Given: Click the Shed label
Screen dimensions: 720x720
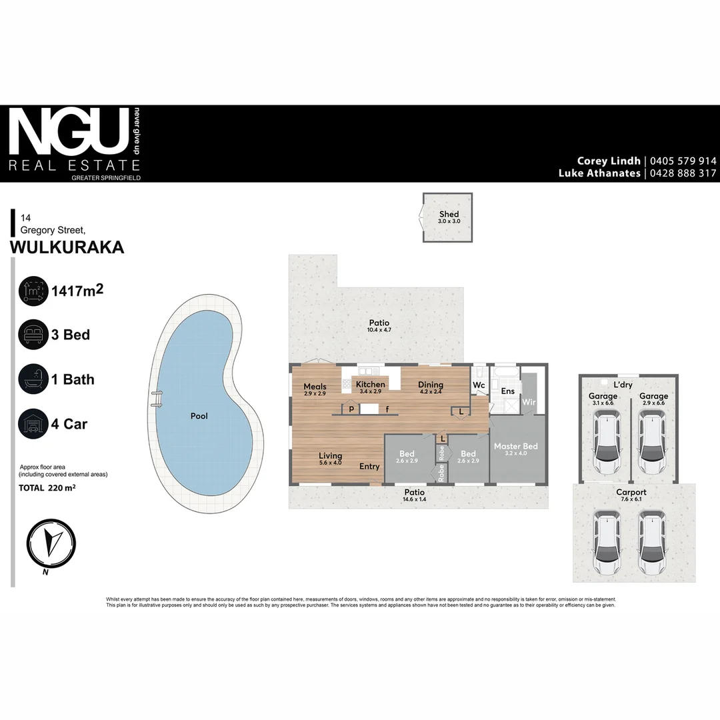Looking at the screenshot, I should pyautogui.click(x=449, y=215).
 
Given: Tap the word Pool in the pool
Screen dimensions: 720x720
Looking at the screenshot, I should pyautogui.click(x=199, y=416).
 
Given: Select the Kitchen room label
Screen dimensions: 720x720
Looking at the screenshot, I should pyautogui.click(x=370, y=385).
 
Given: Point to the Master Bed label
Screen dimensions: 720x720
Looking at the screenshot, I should pyautogui.click(x=515, y=446).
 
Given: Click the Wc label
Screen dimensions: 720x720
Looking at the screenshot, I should pyautogui.click(x=479, y=385).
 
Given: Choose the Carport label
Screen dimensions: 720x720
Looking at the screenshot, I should pyautogui.click(x=631, y=493).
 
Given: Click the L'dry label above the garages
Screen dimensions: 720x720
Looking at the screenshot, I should pyautogui.click(x=623, y=385).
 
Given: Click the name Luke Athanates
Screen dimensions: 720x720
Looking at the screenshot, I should pyautogui.click(x=599, y=173).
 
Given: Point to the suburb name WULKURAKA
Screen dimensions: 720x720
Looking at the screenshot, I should pyautogui.click(x=67, y=247).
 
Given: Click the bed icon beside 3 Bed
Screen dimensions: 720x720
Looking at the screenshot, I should pyautogui.click(x=33, y=335).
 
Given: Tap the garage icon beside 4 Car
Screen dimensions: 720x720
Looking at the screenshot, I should pyautogui.click(x=33, y=424).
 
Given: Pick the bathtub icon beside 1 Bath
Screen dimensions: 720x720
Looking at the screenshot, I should pyautogui.click(x=33, y=379).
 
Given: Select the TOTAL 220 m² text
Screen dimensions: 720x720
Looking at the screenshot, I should pyautogui.click(x=47, y=488).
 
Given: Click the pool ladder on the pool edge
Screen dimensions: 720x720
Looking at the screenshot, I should pyautogui.click(x=157, y=398).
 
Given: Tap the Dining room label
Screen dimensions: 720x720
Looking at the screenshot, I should pyautogui.click(x=431, y=385).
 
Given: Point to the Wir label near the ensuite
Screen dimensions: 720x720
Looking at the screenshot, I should pyautogui.click(x=529, y=402).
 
